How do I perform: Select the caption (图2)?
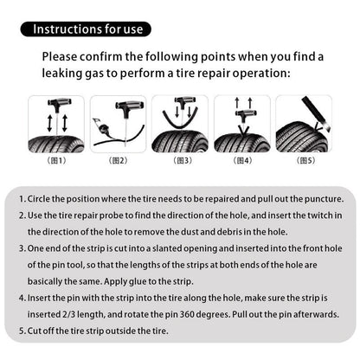[x=118, y=160]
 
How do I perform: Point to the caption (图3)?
[x=182, y=160]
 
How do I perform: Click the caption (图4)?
[x=242, y=160]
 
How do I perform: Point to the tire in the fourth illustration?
[x=242, y=140]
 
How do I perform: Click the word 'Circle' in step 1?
[x=42, y=198]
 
